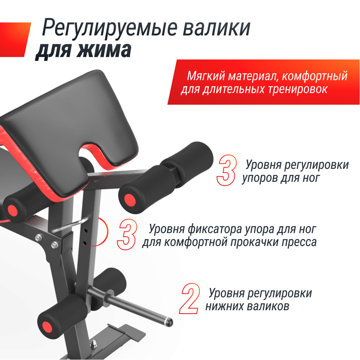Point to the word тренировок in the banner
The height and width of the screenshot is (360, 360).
(x=298, y=89)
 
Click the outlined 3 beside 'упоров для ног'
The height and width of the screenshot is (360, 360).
(x=226, y=170)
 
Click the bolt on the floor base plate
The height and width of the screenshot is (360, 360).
(x=94, y=343)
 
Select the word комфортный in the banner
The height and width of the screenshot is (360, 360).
(x=314, y=76)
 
